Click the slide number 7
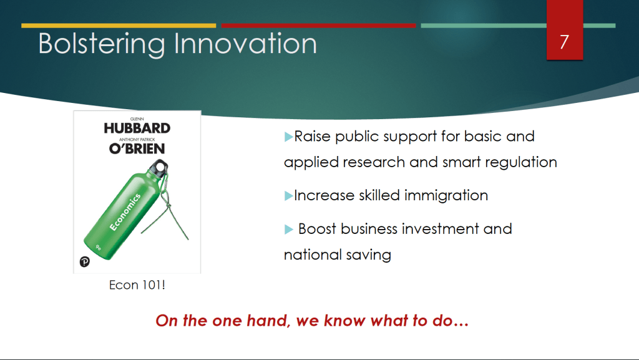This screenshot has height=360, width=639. [564, 42]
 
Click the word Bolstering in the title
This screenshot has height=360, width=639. [102, 44]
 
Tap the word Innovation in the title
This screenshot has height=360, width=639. [245, 43]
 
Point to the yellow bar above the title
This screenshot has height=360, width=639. [119, 26]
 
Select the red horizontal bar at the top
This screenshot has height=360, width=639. [318, 26]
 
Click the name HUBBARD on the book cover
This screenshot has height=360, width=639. [137, 129]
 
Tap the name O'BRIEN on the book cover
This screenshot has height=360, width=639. [137, 148]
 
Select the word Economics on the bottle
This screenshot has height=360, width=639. [125, 212]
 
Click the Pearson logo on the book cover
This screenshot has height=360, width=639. [85, 261]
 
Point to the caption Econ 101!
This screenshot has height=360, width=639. [137, 285]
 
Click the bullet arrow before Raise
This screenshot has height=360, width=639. [288, 137]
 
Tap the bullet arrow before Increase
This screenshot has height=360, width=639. [288, 196]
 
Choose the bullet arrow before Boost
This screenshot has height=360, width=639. [288, 229]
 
